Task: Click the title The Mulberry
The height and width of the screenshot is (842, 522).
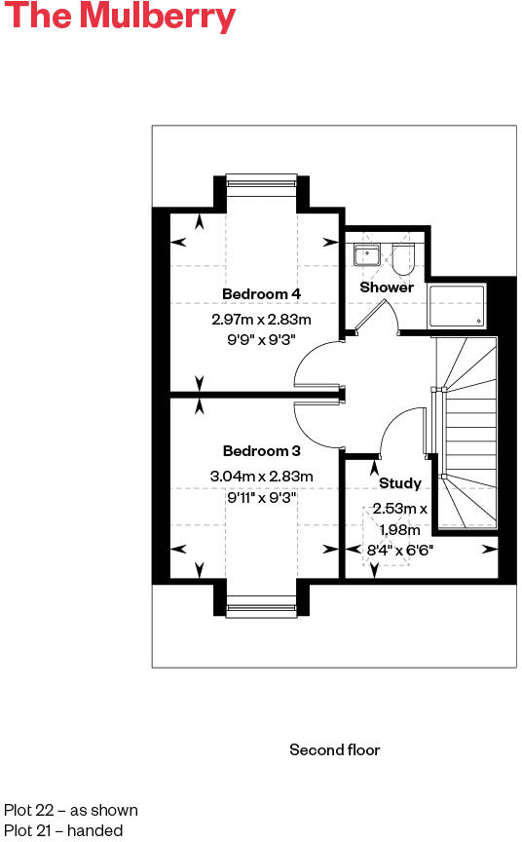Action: pos(120,18)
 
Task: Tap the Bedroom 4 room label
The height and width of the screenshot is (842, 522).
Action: pos(261,294)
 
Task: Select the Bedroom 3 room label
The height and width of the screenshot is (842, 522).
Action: pos(261,451)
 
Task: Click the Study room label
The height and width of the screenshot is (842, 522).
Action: pos(400,483)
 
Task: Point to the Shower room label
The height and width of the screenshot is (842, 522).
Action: pos(387,287)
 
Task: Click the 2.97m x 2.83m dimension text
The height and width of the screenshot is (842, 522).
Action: pos(261,320)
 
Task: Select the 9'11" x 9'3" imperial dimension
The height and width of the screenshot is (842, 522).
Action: pos(261,497)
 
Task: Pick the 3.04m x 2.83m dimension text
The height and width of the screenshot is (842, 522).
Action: pos(261,477)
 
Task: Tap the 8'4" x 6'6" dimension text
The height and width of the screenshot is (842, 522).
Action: pos(399,550)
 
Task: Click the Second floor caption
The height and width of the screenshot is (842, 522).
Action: pos(334,750)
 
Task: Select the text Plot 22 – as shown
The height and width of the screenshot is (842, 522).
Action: pos(71,811)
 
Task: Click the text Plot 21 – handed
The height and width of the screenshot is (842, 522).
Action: pos(63,831)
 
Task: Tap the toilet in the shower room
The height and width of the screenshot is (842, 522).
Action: pos(403,258)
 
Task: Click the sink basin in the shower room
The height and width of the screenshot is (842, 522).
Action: pos(367,256)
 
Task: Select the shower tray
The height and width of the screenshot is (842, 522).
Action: pos(458,304)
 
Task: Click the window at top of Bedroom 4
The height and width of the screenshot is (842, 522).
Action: pos(261,179)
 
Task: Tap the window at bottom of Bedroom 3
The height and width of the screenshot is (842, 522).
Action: pos(261,610)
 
